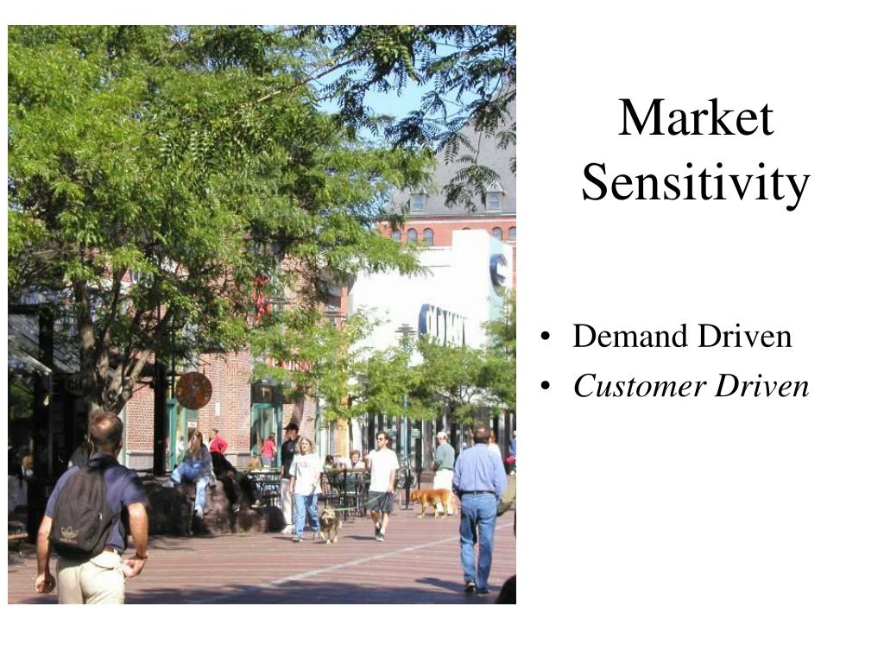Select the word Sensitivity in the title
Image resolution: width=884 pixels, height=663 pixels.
coord(695,182)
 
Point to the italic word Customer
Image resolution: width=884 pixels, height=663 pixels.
coord(640,386)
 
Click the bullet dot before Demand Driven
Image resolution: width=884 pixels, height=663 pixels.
coord(545,337)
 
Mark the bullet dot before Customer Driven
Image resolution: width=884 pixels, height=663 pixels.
coord(545,387)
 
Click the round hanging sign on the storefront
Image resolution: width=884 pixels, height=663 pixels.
coord(193,390)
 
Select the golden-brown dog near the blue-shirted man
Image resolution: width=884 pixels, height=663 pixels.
coord(433,501)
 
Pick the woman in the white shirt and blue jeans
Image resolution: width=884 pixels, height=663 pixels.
coord(305,489)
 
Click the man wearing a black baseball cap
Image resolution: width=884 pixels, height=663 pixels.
coord(288,474)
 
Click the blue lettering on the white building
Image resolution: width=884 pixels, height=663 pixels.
coord(443,325)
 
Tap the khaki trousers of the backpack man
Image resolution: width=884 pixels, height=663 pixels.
coord(92,578)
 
